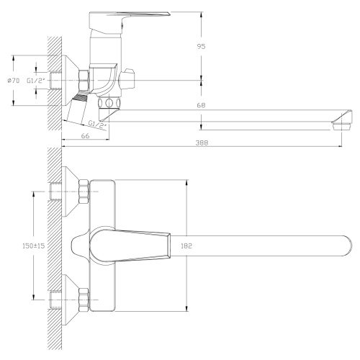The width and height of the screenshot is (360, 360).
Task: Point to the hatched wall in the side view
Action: point(52,79)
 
